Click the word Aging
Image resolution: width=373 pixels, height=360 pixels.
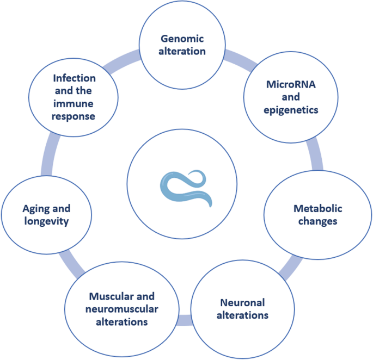[39, 208]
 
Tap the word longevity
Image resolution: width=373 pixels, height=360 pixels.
[47, 221]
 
